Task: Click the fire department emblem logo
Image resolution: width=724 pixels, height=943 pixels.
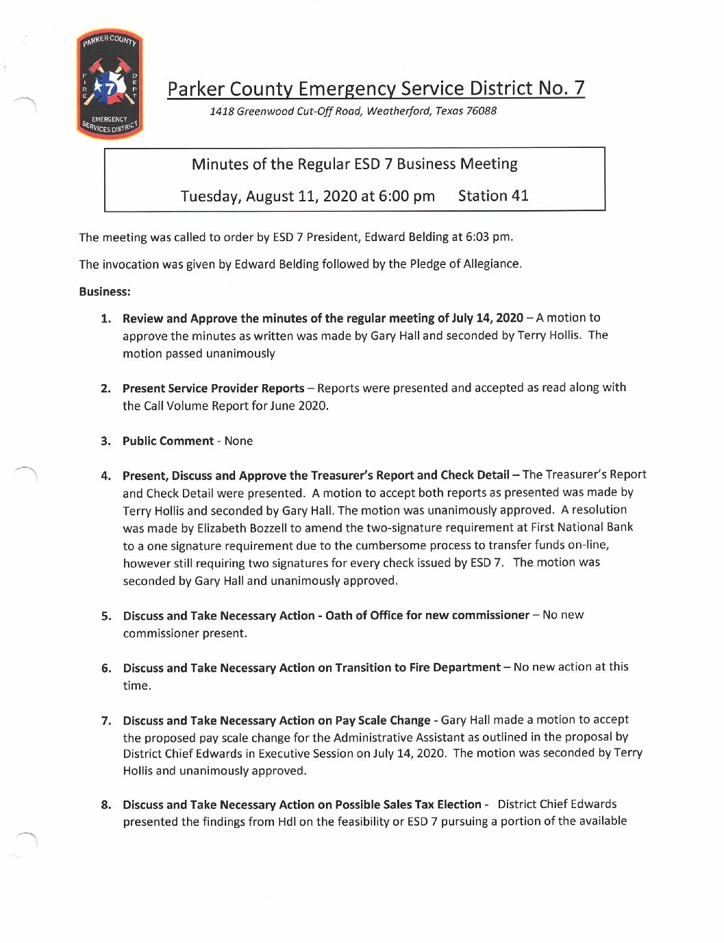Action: point(110,85)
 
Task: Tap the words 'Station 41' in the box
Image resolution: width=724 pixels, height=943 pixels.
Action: point(493,196)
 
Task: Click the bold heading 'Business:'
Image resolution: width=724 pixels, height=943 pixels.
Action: point(104,292)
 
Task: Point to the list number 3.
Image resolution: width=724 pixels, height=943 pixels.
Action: point(105,442)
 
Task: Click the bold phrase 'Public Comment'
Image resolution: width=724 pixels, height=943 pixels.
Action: point(168,441)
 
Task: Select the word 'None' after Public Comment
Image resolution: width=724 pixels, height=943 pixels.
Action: point(238,441)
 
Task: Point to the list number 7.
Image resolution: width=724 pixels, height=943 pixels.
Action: point(105,721)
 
